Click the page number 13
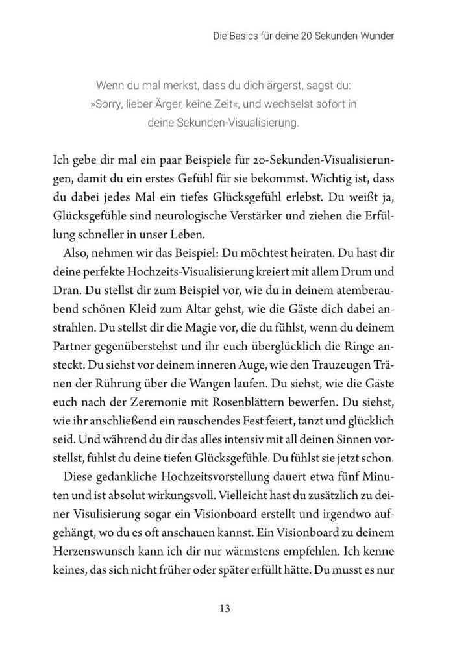tap(225, 608)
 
